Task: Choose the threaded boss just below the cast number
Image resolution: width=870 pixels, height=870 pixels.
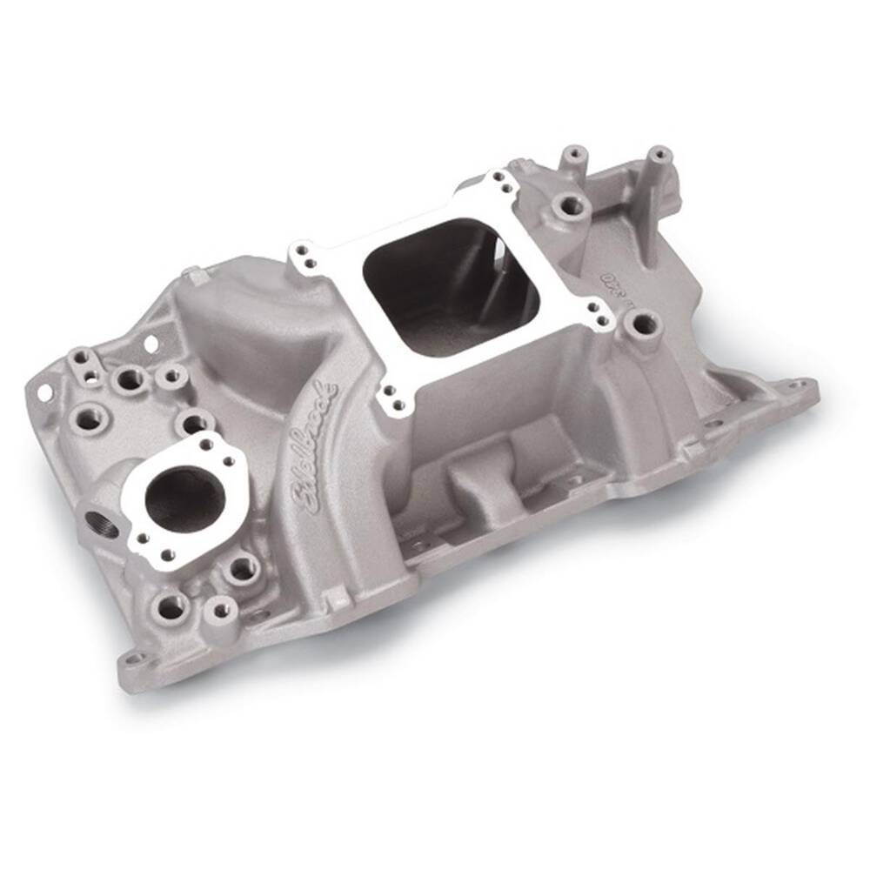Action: click(x=643, y=325)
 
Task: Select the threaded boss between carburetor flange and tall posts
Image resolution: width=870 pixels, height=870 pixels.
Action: click(x=570, y=206)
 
